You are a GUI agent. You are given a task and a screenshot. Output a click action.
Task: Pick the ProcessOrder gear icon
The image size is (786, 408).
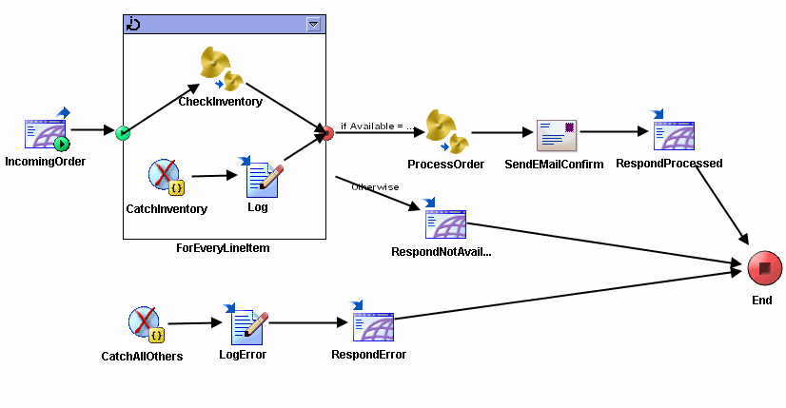click(445, 130)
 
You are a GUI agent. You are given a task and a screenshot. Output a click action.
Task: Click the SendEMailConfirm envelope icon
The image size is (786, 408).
click(558, 135)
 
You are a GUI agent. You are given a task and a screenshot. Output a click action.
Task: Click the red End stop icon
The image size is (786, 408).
click(761, 269)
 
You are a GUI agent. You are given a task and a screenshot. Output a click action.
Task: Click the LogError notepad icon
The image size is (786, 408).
click(249, 325)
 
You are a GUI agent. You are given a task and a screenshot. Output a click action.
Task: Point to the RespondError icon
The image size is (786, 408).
click(372, 324)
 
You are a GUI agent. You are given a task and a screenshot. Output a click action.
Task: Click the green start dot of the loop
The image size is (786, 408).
click(123, 133)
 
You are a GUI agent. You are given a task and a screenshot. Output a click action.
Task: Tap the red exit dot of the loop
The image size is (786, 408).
click(326, 133)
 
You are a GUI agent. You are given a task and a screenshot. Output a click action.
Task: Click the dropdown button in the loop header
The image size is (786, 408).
click(314, 25)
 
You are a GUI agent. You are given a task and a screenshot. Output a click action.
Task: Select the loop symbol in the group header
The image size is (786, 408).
click(134, 24)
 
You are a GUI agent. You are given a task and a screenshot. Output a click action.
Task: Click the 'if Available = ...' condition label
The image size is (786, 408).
click(377, 126)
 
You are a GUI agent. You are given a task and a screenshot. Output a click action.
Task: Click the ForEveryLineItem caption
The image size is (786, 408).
click(225, 248)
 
